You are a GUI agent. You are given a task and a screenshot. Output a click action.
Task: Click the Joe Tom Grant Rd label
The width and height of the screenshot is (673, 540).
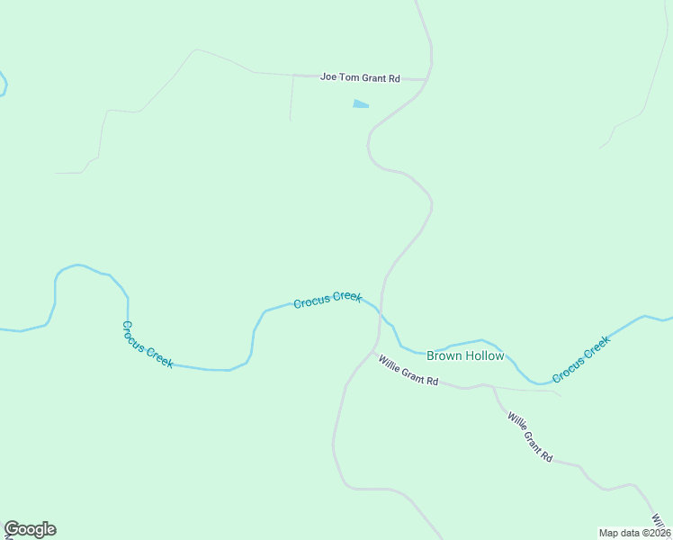tap(360, 78)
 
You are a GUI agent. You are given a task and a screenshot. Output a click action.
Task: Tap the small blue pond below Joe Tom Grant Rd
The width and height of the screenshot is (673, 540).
tap(360, 104)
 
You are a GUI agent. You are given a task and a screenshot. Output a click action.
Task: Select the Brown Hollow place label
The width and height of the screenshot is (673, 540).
tap(465, 355)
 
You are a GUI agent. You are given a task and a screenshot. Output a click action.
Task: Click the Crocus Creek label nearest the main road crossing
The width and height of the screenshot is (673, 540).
tap(328, 299)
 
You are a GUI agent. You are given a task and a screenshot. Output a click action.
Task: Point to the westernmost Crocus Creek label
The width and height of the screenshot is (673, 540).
tap(147, 344)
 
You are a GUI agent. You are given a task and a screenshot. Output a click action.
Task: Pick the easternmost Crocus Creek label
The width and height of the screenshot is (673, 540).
tap(581, 358)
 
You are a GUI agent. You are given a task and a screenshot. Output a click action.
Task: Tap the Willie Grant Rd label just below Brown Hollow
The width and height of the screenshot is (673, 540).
tap(408, 370)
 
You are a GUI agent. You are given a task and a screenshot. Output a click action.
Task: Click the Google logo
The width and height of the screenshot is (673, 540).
tap(30, 529)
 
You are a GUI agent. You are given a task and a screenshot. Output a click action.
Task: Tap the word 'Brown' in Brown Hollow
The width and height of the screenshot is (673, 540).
tap(444, 355)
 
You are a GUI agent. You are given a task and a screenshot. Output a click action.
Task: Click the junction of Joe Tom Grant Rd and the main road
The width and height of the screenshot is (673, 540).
tap(426, 79)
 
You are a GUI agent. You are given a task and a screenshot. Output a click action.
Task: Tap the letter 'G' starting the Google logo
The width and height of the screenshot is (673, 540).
tap(12, 529)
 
